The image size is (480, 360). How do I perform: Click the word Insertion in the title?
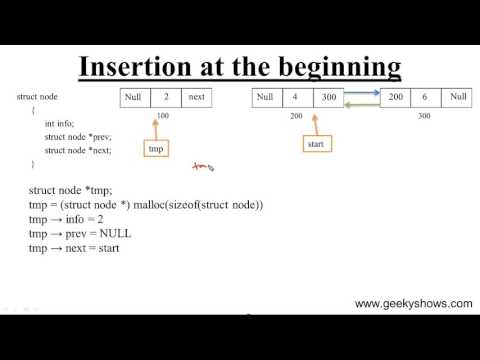click(137, 67)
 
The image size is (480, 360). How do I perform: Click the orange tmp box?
click(155, 148)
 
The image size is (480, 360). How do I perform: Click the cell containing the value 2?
click(165, 98)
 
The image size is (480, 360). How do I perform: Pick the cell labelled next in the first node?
click(195, 98)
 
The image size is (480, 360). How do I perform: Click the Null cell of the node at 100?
click(135, 98)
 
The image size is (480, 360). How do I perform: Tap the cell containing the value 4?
click(296, 98)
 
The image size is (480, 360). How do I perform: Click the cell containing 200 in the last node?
click(396, 98)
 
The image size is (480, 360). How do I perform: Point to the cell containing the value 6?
click(425, 98)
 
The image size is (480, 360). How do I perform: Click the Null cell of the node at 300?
click(457, 98)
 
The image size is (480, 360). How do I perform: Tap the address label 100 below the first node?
click(164, 116)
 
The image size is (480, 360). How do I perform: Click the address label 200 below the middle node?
click(296, 116)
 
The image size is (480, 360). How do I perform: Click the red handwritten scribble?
click(199, 168)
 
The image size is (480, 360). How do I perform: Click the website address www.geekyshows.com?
click(413, 303)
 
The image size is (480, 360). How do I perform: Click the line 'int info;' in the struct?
click(58, 123)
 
